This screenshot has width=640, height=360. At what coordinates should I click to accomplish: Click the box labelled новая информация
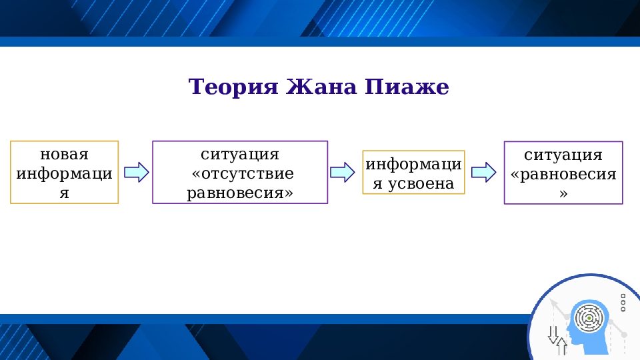click(x=65, y=172)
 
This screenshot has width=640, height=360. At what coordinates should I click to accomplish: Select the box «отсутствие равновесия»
click(x=240, y=172)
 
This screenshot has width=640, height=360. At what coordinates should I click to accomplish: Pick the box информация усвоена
click(x=413, y=173)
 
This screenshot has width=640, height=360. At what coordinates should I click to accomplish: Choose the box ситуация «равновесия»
click(x=563, y=173)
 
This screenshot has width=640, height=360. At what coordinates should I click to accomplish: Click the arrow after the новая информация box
click(x=136, y=172)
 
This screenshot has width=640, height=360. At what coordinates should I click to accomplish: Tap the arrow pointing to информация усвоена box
click(x=343, y=172)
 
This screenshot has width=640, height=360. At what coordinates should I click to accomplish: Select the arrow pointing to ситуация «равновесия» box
click(x=483, y=172)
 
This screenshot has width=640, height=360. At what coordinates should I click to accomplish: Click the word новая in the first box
click(x=65, y=154)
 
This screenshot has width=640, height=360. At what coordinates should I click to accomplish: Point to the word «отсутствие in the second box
click(x=242, y=173)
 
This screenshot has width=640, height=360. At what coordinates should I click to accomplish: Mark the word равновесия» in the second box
click(x=240, y=193)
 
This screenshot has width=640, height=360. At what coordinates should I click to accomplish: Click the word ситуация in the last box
click(x=563, y=155)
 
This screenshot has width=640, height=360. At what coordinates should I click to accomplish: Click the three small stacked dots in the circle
click(x=623, y=303)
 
